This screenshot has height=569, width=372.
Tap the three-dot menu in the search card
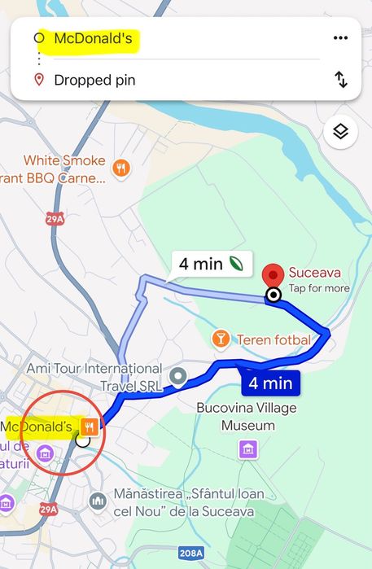point(340,38)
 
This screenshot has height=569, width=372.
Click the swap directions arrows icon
point(341,80)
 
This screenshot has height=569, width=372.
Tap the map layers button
point(340,132)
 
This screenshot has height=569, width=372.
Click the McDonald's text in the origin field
point(93,38)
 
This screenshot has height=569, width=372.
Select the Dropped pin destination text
point(94,80)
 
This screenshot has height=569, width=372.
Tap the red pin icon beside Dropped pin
point(38,80)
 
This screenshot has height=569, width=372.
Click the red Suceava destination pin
point(274,274)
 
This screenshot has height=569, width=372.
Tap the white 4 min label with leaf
point(211,264)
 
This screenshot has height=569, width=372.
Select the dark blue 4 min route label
point(269,382)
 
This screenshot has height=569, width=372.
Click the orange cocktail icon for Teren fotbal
point(221,339)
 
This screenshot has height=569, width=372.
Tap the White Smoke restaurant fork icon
point(120,169)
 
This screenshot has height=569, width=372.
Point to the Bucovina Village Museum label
point(247,416)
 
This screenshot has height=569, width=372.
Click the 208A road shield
point(190,554)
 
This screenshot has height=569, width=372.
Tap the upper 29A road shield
point(55,218)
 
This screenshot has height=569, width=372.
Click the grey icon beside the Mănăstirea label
point(98,498)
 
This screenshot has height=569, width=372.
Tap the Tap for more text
point(318,288)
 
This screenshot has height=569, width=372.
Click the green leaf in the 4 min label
point(237,263)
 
